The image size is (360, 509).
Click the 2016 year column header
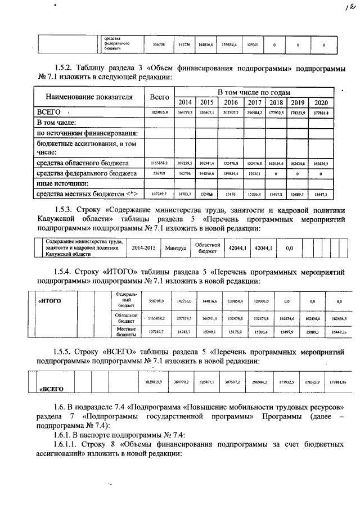[231, 102]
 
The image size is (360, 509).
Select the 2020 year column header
[321, 102]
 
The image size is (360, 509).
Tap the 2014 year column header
[184, 102]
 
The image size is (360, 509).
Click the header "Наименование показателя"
[89, 97]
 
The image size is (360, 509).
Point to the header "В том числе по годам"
[254, 92]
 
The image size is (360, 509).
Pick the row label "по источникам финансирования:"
[87, 133]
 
